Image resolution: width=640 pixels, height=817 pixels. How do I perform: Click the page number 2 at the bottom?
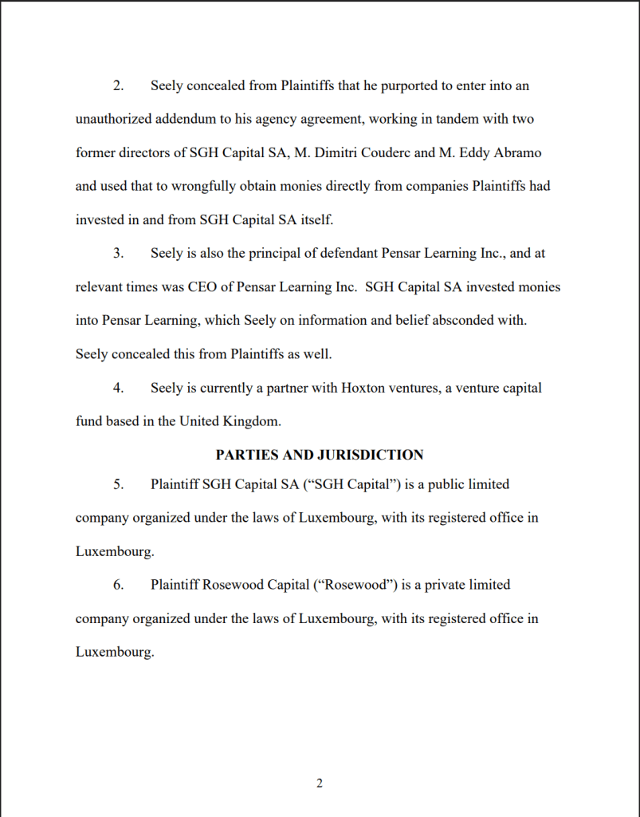click(320, 783)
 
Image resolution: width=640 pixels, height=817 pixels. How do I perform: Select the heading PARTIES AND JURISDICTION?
click(320, 455)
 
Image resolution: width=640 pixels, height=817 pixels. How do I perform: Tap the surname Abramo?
click(520, 152)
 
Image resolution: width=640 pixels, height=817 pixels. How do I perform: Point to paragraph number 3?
click(118, 253)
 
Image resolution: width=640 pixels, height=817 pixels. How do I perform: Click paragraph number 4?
click(118, 388)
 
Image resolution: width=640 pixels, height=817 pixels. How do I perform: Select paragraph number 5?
click(118, 483)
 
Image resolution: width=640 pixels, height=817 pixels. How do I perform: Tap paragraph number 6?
click(118, 584)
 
